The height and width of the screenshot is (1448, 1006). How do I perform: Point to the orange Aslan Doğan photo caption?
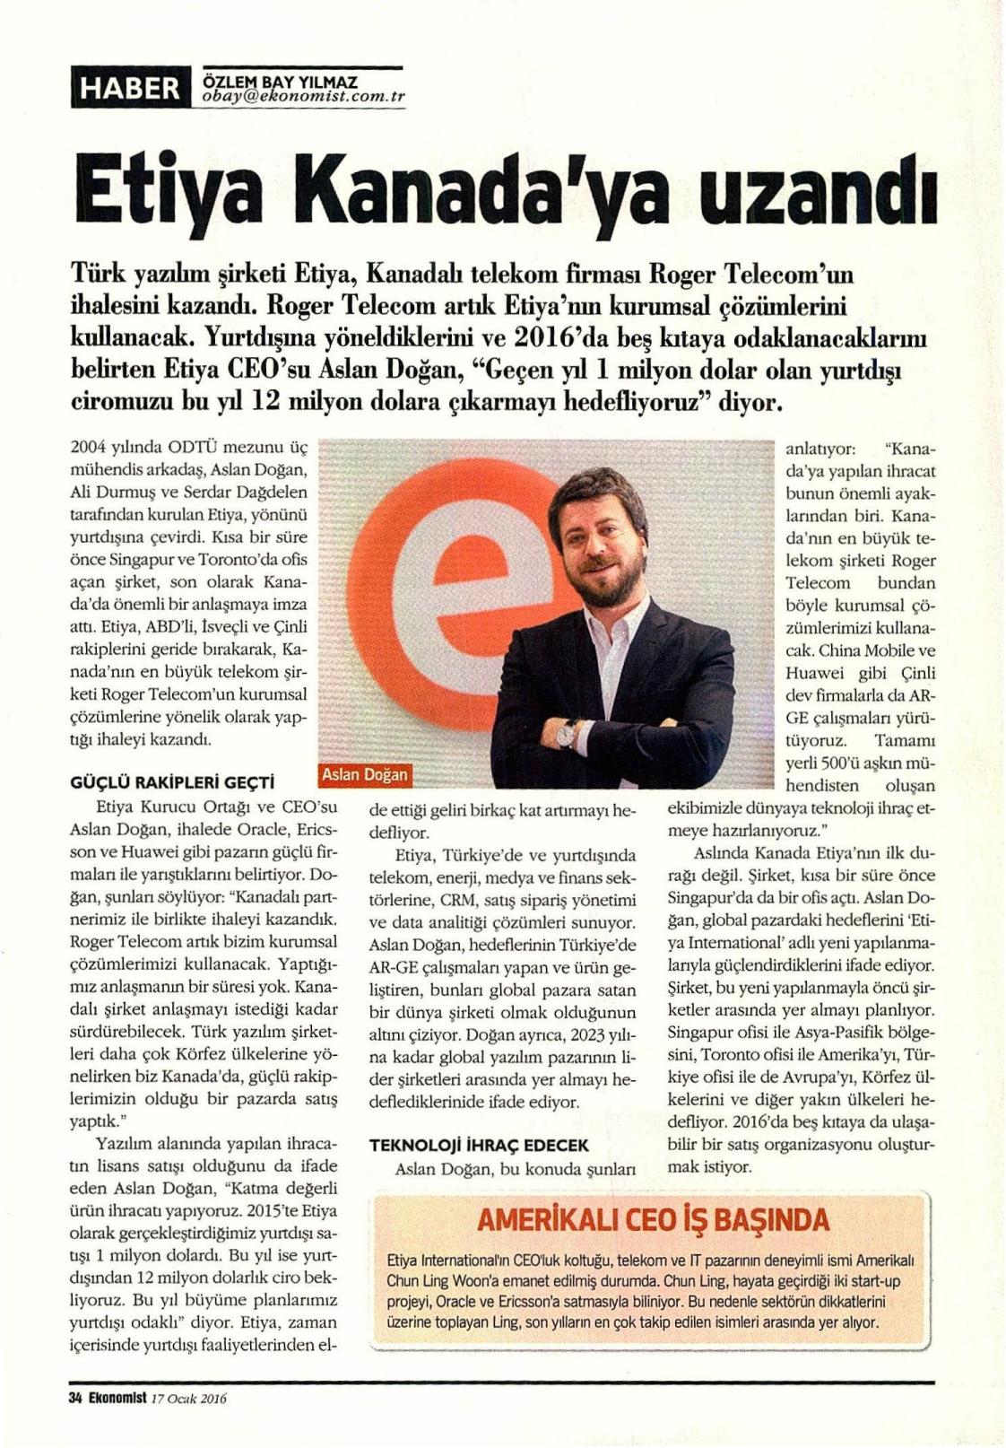363,774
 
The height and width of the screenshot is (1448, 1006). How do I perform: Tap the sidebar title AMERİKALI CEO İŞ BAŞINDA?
654,1220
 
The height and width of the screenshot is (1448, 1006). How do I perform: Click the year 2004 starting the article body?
89,449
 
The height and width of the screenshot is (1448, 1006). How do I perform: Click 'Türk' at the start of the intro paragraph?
97,271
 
